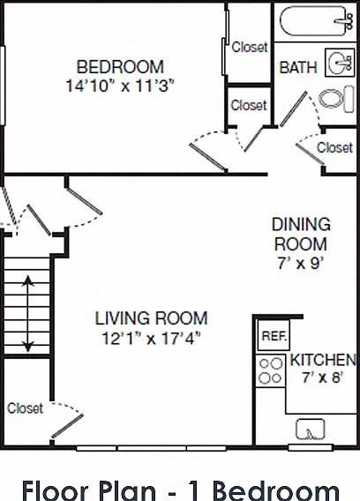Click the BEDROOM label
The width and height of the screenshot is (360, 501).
tap(120, 67)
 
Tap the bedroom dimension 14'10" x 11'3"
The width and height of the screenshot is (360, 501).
tap(120, 86)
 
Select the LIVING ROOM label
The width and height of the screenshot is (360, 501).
tap(151, 318)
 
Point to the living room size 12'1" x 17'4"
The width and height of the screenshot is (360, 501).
tap(151, 338)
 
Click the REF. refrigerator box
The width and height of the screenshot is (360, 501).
tap(274, 335)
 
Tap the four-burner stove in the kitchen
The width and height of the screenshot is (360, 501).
tap(271, 371)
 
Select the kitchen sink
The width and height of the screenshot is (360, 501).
tap(310, 429)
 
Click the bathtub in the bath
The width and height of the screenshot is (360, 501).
tap(317, 21)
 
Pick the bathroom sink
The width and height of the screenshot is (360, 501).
tap(340, 63)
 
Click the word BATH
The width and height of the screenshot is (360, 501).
tap(298, 67)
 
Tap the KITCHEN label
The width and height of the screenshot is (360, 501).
tap(323, 360)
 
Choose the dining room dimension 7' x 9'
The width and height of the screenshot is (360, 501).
tap(301, 264)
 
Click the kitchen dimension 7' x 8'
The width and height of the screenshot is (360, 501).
tap(322, 378)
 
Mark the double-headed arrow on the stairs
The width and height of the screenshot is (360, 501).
tap(28, 313)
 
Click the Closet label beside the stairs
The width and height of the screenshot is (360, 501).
tap(25, 408)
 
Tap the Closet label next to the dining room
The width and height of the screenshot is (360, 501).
tap(334, 147)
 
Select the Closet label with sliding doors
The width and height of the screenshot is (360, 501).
tap(250, 47)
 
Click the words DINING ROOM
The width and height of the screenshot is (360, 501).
tap(301, 234)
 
